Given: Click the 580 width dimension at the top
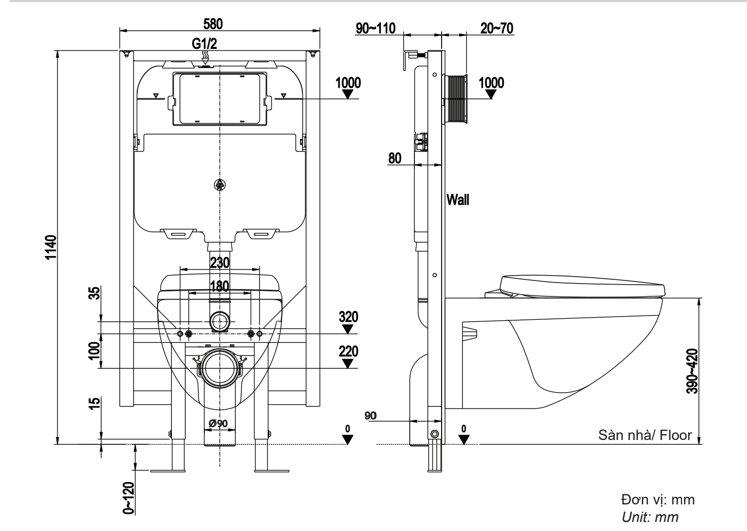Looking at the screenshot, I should [213, 24].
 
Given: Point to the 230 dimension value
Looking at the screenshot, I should [220, 262].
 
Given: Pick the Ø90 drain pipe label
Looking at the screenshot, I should [218, 423].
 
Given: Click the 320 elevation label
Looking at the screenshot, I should [348, 317].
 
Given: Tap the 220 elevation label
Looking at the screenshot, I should [348, 352].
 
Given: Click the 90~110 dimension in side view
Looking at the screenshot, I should [376, 28].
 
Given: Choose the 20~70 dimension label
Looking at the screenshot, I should [496, 28].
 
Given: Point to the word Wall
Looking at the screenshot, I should [458, 200].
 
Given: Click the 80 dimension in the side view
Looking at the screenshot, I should [395, 158].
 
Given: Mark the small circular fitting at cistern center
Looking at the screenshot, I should [220, 185].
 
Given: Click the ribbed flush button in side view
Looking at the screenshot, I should [456, 99].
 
